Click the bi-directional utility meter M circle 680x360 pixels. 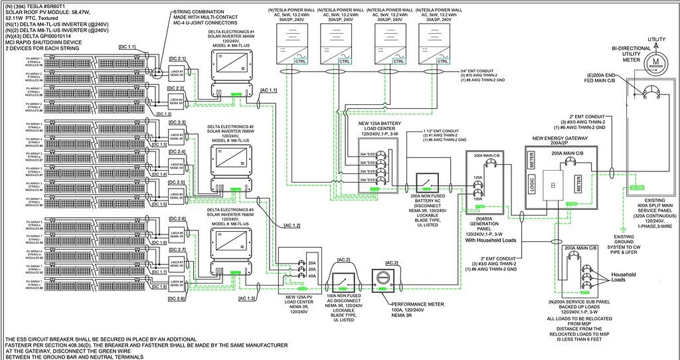tap(656, 60)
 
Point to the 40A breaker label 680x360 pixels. tap(313, 276)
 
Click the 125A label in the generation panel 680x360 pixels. tap(476, 178)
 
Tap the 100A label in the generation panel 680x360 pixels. tap(476, 198)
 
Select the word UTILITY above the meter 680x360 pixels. tap(656, 40)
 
